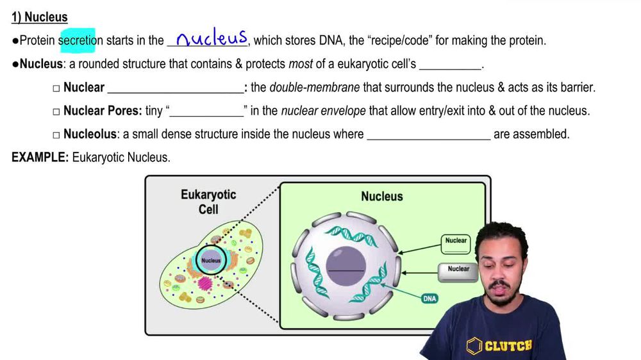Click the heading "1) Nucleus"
click(40, 17)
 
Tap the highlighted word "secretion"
click(77, 40)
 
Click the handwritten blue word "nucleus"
click(212, 38)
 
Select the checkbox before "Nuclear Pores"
click(56, 111)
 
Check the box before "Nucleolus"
click(56, 135)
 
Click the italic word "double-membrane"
click(309, 88)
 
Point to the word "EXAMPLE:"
click(40, 158)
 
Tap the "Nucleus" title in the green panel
click(382, 197)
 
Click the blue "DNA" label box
click(429, 299)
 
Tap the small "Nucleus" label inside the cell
click(211, 261)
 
